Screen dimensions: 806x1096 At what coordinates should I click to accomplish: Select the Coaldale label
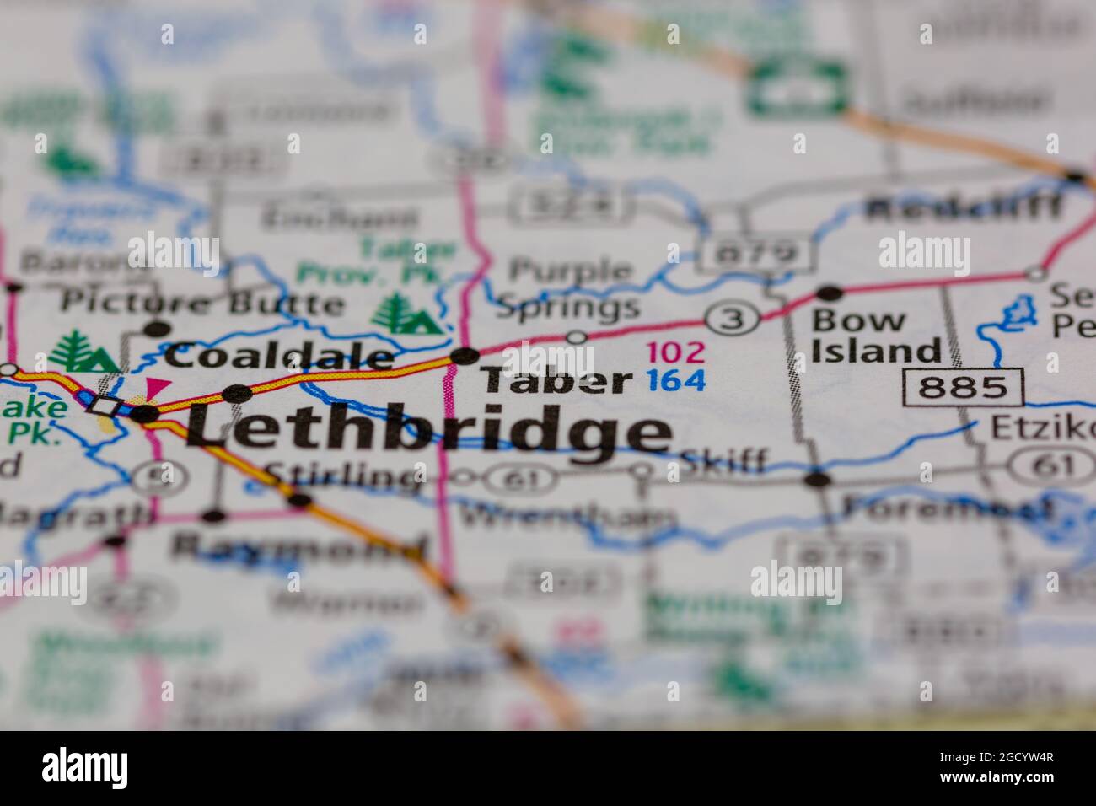(x=278, y=356)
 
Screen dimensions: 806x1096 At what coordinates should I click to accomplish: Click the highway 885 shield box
(x=963, y=387)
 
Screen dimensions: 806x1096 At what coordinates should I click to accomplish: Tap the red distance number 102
(x=675, y=352)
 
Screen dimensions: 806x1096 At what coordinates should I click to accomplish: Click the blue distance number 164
(x=676, y=381)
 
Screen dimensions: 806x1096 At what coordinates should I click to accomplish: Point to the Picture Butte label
(x=203, y=301)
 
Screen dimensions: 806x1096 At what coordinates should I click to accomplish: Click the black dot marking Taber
(x=465, y=356)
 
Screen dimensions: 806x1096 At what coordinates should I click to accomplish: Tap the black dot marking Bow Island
(x=830, y=293)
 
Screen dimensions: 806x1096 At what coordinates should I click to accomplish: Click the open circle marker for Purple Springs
(x=576, y=337)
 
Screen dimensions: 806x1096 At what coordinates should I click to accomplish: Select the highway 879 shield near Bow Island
(x=755, y=252)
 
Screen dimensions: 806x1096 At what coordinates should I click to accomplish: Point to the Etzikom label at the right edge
(x=1042, y=427)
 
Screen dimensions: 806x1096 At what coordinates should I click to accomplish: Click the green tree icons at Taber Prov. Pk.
(x=406, y=314)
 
